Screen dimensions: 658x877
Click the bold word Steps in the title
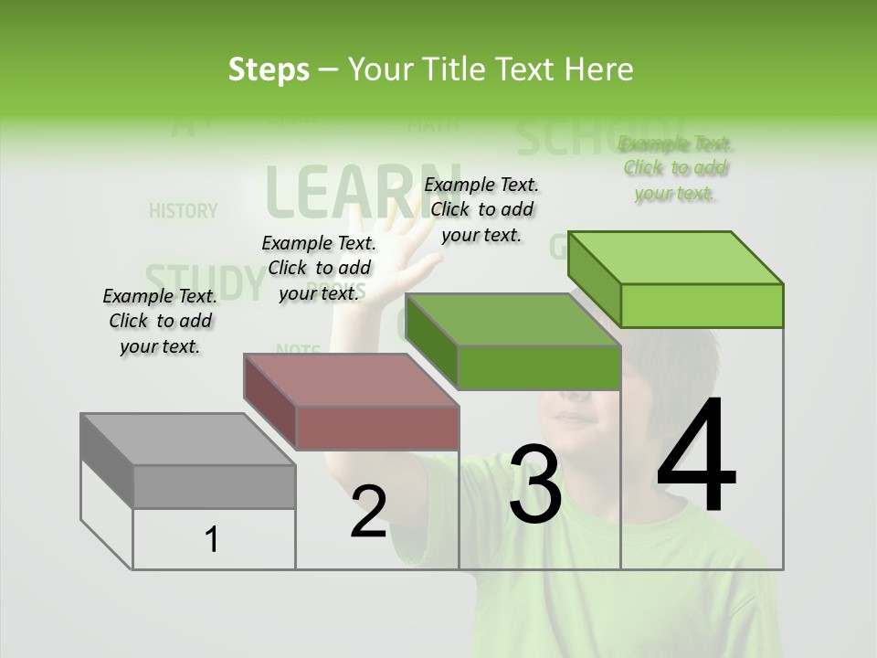click(269, 69)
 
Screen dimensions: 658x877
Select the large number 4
click(696, 457)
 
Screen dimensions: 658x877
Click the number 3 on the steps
click(535, 484)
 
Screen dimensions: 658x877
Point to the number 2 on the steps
click(368, 512)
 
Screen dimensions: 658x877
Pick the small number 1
click(212, 540)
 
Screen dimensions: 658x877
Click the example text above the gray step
click(160, 321)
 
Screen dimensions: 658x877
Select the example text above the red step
click(319, 268)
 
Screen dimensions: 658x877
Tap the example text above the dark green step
click(481, 209)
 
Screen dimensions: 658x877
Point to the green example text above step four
click(676, 168)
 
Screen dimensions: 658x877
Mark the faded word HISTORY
click(184, 211)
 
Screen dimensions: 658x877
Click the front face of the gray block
click(214, 486)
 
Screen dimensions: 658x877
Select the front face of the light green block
click(702, 305)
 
